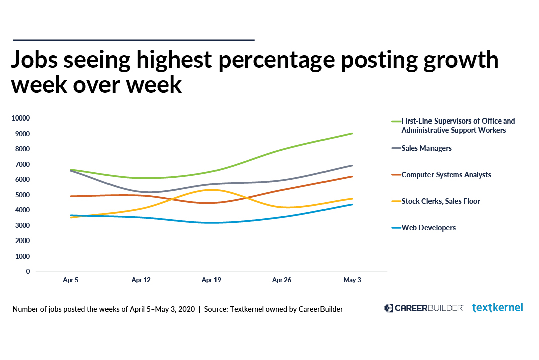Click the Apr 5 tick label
[71, 280]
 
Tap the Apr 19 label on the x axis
[211, 280]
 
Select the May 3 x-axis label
[352, 280]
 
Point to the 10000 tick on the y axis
[21, 118]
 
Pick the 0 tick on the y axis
[28, 272]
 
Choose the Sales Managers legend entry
[426, 148]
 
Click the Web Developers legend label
[428, 228]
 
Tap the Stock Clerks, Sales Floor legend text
[441, 201]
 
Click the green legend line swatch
[395, 122]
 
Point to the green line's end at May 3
[352, 133]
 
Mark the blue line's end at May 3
[352, 204]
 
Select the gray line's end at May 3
[352, 165]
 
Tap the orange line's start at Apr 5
[71, 196]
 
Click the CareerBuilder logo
[423, 308]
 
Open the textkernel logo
[497, 307]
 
